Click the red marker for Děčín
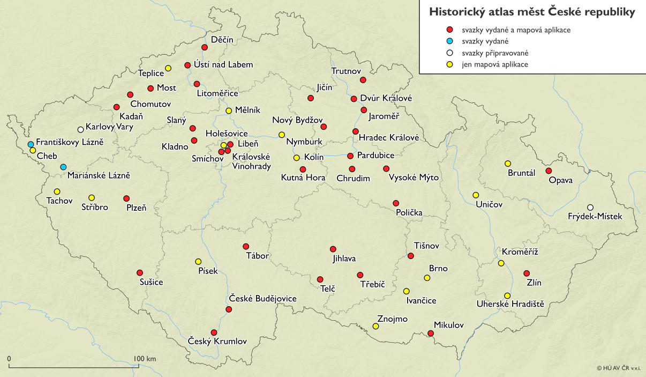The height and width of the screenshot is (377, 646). point(204,48)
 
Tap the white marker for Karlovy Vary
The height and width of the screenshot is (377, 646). point(80,129)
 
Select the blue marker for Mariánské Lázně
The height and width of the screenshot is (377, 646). point(63,167)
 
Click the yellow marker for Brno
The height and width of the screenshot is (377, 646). point(427,278)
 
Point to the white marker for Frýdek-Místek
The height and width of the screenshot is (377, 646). point(590,208)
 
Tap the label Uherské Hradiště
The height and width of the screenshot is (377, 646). point(510,305)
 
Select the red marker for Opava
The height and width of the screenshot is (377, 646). point(548,171)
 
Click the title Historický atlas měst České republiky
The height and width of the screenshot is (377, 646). point(532,12)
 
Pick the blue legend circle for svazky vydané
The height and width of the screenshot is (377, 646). point(450,41)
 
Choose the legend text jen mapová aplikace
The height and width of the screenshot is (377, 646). point(495,64)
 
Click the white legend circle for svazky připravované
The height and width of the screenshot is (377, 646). point(450,53)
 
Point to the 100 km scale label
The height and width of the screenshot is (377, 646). point(145,359)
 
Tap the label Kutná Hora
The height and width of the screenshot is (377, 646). point(303,178)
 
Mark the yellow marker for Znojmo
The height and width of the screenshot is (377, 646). point(375,326)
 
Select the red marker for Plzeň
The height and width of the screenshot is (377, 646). point(126,198)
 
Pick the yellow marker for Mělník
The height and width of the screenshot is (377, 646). point(229,111)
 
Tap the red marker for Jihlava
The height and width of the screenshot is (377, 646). point(333,249)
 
